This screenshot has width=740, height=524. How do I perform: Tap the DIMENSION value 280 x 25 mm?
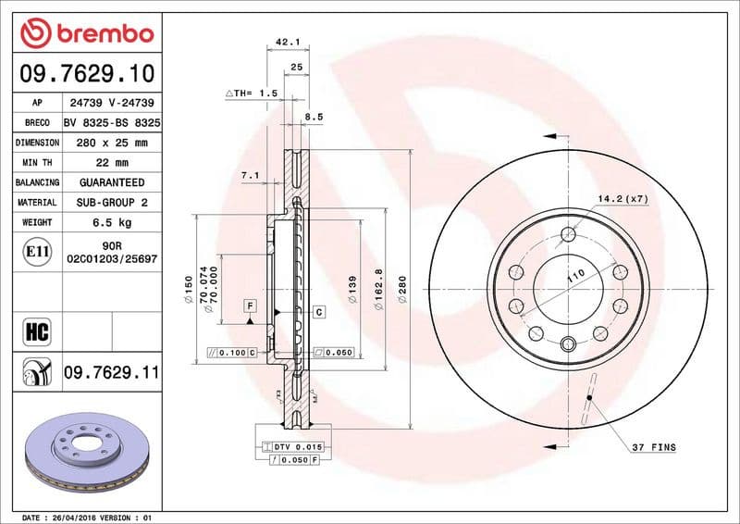click(x=111, y=143)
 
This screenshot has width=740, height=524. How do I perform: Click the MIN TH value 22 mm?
click(x=111, y=163)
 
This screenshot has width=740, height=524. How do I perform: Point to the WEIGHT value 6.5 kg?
click(x=111, y=223)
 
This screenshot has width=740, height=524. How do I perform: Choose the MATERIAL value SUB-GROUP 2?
click(x=111, y=202)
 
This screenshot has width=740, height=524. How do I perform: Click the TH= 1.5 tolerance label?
click(x=252, y=94)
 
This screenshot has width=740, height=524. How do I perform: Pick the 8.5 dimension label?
click(x=314, y=118)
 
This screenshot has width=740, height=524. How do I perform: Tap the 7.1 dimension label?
click(x=249, y=175)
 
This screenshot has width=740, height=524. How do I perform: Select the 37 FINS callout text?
click(x=653, y=447)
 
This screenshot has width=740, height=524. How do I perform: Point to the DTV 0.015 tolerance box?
click(x=296, y=447)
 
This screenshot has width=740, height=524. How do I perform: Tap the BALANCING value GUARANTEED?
click(x=111, y=182)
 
